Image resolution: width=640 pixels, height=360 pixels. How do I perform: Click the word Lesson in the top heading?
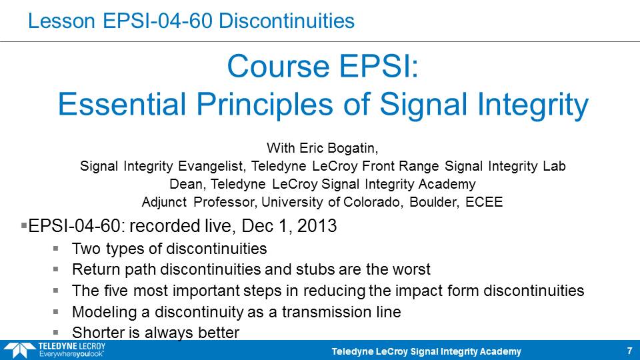click(x=61, y=21)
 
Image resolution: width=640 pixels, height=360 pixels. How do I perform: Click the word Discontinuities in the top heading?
click(x=287, y=21)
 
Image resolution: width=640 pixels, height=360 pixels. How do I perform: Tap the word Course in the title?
click(x=278, y=66)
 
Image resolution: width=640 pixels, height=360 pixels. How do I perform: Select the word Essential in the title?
click(x=122, y=104)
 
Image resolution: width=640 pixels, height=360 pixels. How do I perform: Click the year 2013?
click(x=317, y=226)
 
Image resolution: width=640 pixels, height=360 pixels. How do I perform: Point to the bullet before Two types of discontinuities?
click(x=55, y=248)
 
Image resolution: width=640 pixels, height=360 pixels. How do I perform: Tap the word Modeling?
click(x=105, y=312)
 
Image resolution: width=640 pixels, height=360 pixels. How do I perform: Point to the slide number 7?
click(x=629, y=351)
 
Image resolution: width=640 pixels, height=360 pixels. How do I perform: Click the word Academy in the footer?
click(x=500, y=351)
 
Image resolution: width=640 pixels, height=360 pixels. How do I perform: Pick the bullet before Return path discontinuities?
click(x=55, y=269)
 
